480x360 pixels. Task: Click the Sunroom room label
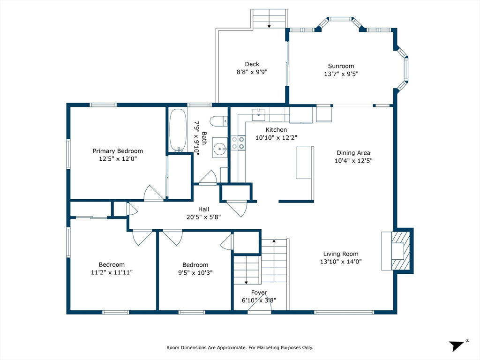click(341, 66)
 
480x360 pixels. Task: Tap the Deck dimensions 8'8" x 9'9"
click(252, 72)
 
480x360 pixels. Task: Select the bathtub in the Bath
click(178, 130)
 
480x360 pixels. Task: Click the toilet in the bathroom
click(219, 121)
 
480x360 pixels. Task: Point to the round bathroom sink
click(220, 150)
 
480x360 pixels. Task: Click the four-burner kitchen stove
click(238, 143)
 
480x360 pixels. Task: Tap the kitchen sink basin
click(259, 114)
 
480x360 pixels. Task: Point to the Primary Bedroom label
click(118, 151)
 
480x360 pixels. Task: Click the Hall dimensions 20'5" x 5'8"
click(203, 217)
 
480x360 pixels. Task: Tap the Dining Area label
click(353, 153)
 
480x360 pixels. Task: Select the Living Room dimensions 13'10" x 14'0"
click(341, 262)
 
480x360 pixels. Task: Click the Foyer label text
click(259, 292)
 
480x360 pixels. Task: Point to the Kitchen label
click(276, 130)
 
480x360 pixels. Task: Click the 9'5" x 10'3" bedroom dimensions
click(195, 272)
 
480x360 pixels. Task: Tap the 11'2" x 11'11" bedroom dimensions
click(112, 272)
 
